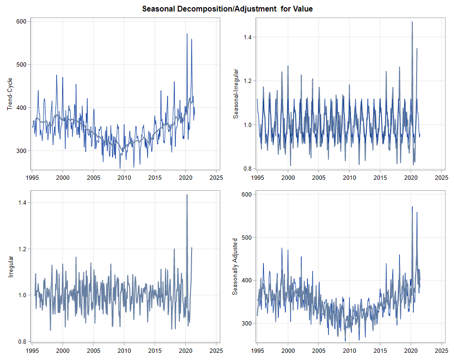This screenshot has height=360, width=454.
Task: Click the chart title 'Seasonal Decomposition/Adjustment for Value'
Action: pos(227,9)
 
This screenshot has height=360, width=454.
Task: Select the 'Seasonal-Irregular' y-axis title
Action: pos(235,93)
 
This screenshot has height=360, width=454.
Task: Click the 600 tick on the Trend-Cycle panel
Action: pos(22,21)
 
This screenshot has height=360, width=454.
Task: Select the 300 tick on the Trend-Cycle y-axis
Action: pos(22,151)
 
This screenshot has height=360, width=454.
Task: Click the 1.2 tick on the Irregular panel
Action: pos(22,249)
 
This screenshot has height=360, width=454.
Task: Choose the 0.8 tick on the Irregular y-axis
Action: pos(22,342)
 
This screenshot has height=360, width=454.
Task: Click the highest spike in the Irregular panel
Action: pos(187,195)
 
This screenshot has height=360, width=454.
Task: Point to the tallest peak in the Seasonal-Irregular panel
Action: pos(412,22)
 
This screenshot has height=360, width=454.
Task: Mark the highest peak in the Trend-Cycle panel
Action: pos(187,34)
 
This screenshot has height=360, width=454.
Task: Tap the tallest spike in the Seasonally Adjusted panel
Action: pos(412,207)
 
